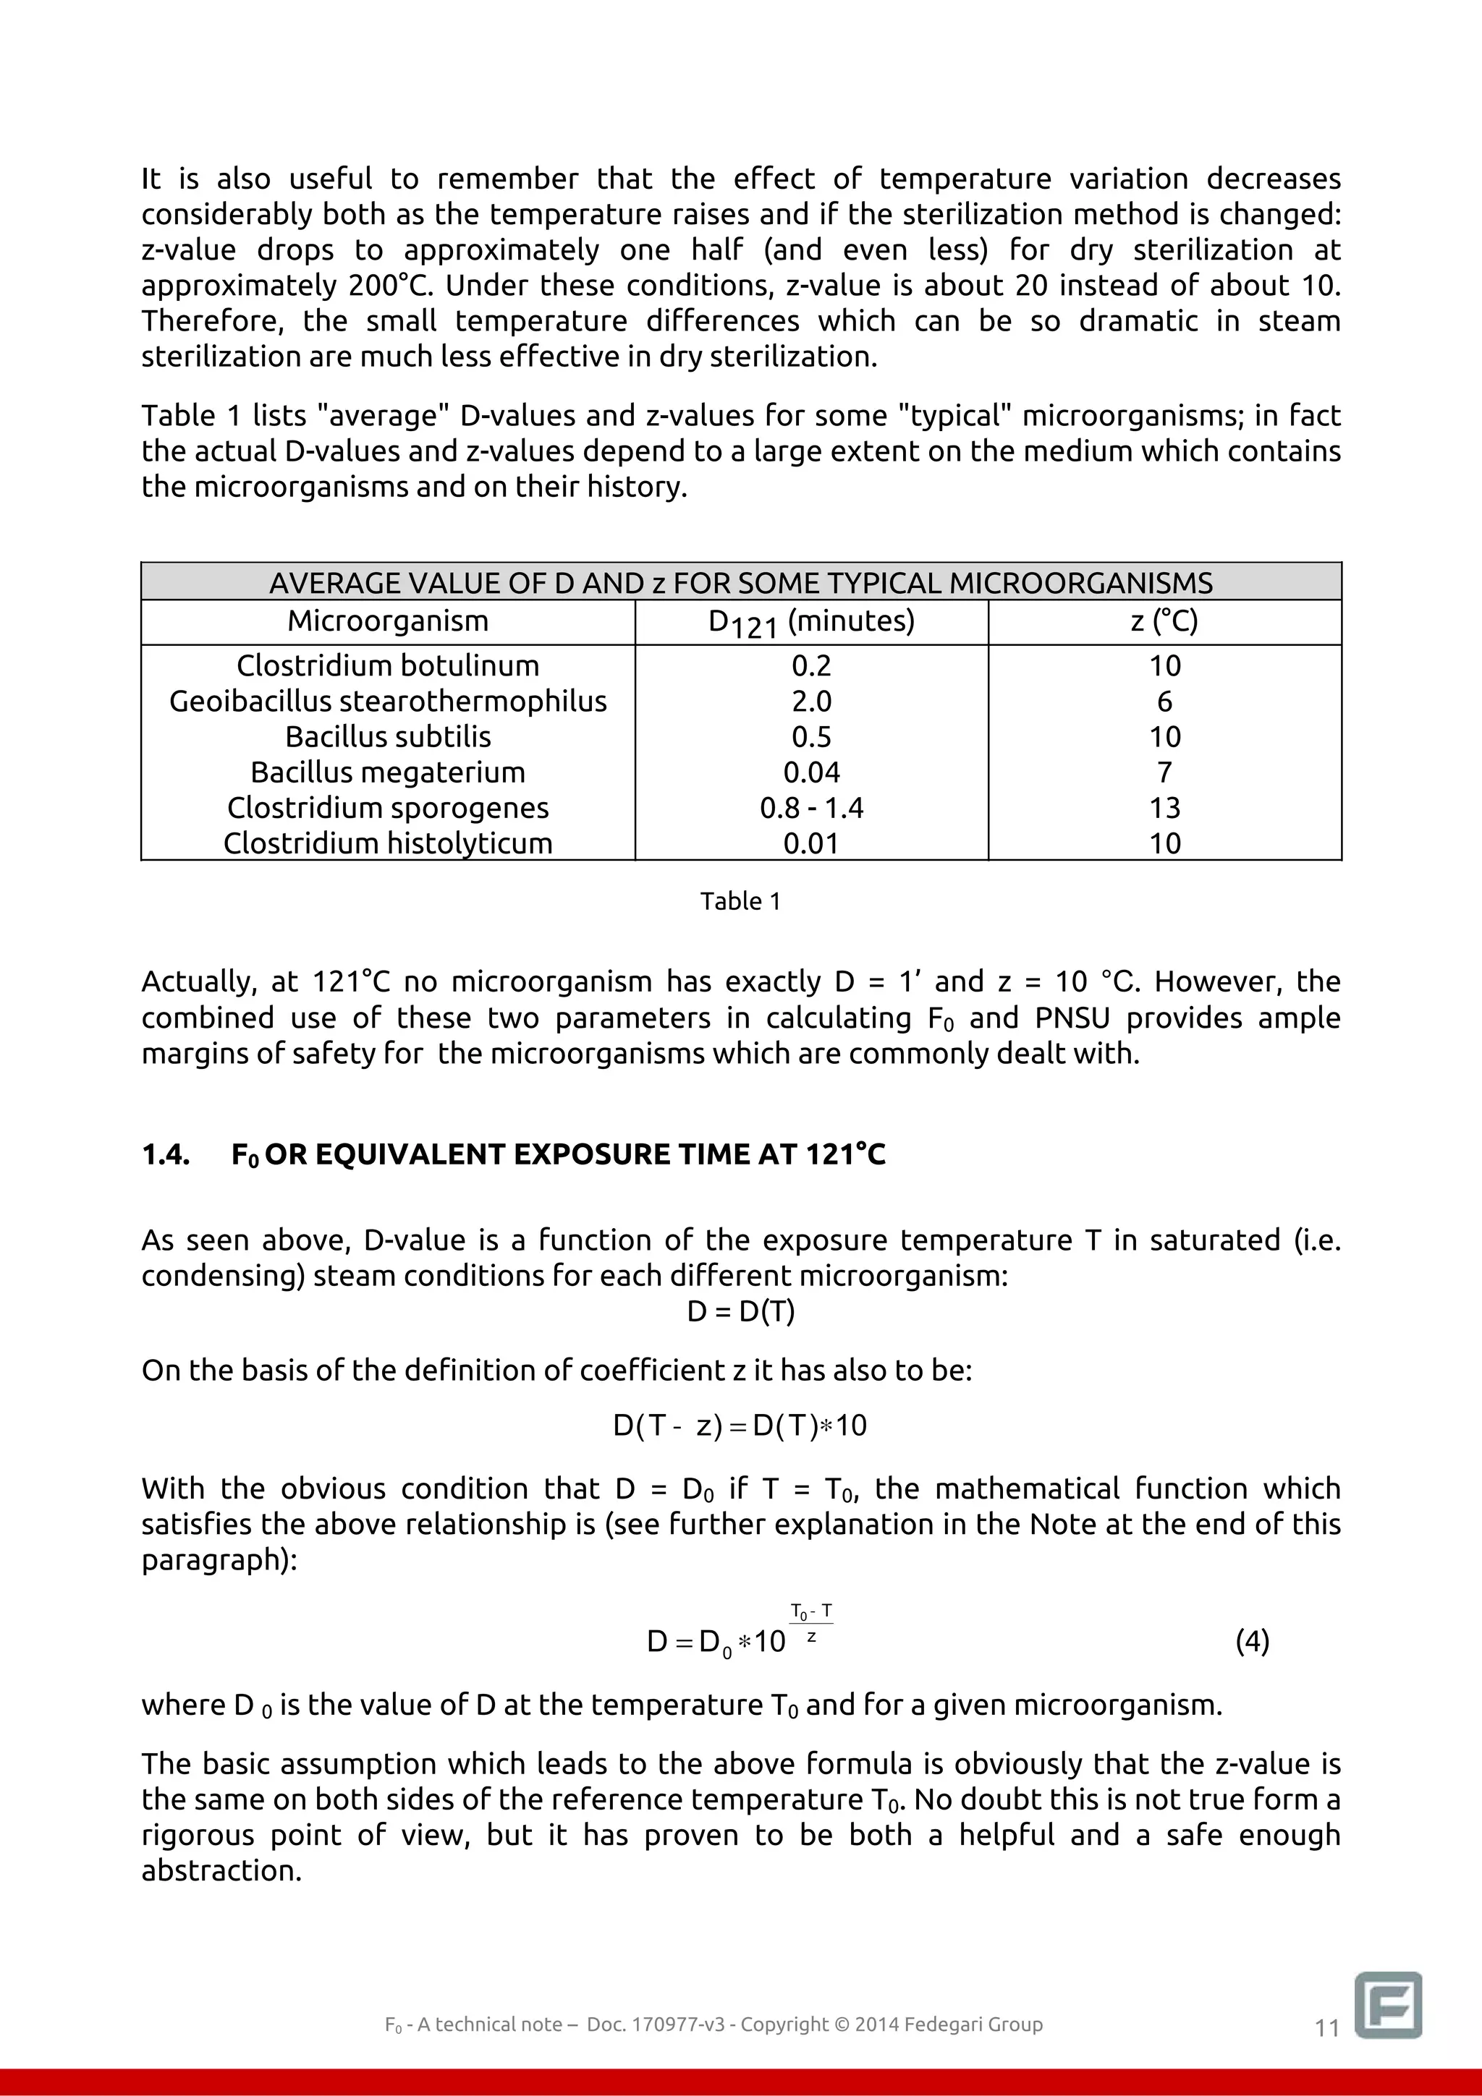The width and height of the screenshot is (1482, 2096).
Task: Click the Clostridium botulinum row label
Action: tap(387, 665)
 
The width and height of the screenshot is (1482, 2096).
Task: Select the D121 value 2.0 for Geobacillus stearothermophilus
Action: tap(811, 701)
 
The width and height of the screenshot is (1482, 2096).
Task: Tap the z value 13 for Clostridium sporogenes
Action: tap(1164, 808)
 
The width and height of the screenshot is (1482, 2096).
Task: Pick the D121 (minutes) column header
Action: tap(811, 623)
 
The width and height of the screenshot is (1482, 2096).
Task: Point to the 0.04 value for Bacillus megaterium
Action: tap(811, 772)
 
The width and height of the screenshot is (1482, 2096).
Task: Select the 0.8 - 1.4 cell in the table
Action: tap(811, 808)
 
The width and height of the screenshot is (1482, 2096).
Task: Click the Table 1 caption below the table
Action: tap(740, 902)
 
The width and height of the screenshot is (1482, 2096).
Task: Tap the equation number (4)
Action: tap(1252, 1641)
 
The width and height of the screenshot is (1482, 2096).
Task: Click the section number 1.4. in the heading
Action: tap(166, 1155)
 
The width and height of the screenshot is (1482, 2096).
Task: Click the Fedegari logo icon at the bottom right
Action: tap(1388, 2004)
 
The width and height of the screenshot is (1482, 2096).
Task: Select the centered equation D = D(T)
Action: tap(740, 1312)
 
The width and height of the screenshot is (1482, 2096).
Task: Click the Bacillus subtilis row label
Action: tap(387, 737)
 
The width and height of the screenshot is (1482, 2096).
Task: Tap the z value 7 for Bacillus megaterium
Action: tap(1164, 772)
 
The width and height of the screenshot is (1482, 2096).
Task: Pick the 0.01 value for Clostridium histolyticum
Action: tap(811, 843)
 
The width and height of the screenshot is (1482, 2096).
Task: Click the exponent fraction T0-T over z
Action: tap(811, 1624)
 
